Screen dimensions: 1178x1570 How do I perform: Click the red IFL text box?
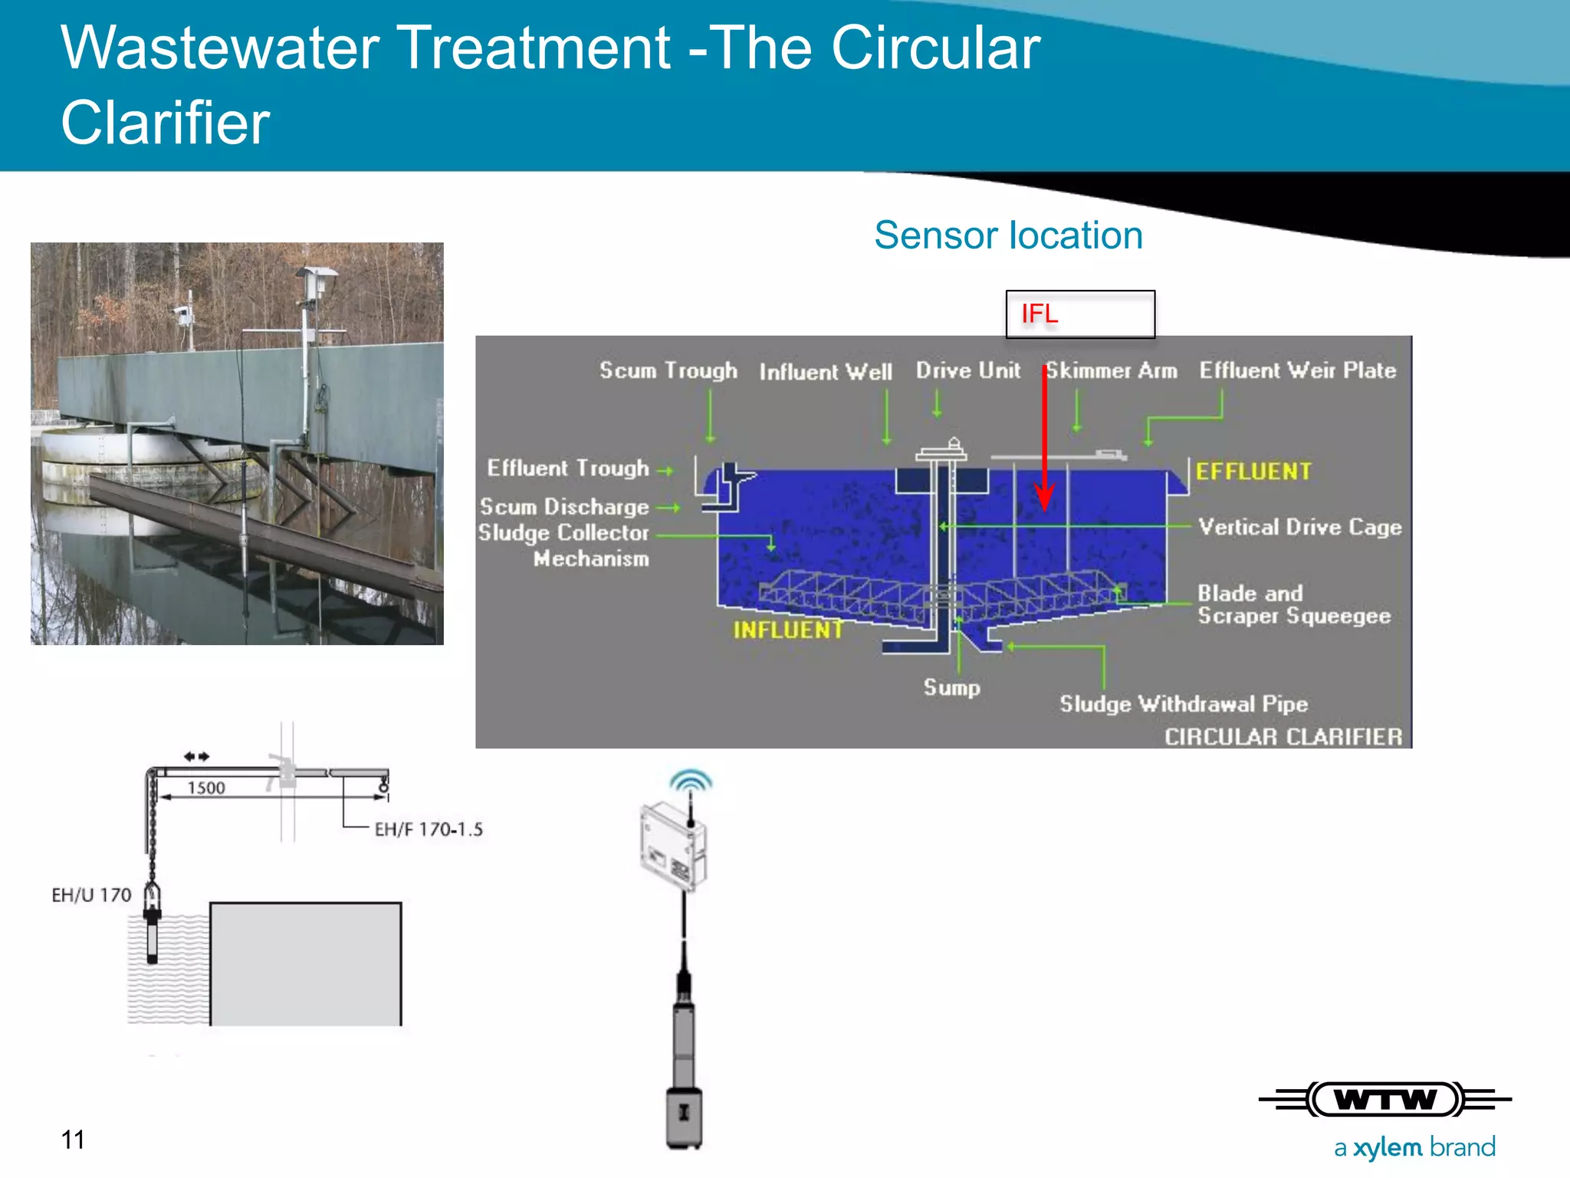click(1079, 314)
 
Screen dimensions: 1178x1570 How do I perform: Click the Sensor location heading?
click(1008, 235)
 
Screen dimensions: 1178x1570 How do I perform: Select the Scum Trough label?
click(668, 370)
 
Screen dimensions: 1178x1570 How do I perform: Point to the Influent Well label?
click(826, 372)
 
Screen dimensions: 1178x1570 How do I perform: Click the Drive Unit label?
click(967, 370)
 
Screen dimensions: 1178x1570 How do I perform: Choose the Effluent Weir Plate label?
click(1297, 370)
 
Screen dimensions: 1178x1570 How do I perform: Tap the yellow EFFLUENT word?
click(1253, 471)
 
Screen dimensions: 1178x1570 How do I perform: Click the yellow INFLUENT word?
click(788, 630)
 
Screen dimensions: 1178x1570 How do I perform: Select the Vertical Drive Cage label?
click(1299, 527)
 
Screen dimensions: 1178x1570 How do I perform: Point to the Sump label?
click(951, 687)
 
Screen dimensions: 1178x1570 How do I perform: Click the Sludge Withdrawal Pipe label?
click(1183, 703)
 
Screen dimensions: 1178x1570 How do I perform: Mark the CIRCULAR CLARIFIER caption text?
click(1283, 736)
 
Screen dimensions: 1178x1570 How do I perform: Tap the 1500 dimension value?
click(206, 788)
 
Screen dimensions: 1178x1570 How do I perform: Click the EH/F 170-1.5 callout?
click(429, 829)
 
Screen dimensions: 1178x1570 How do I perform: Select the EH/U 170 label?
click(91, 895)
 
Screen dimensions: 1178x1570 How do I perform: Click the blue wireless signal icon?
click(691, 781)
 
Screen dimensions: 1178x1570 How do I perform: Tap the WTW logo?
click(1384, 1100)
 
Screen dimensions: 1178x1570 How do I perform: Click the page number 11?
click(73, 1140)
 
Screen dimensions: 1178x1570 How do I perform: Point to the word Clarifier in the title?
click(166, 123)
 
